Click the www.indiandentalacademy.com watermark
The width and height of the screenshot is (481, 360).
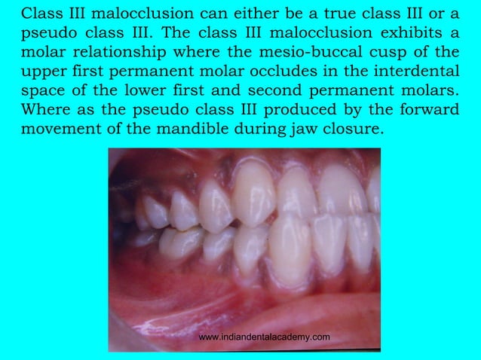pyautogui.click(x=264, y=337)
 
